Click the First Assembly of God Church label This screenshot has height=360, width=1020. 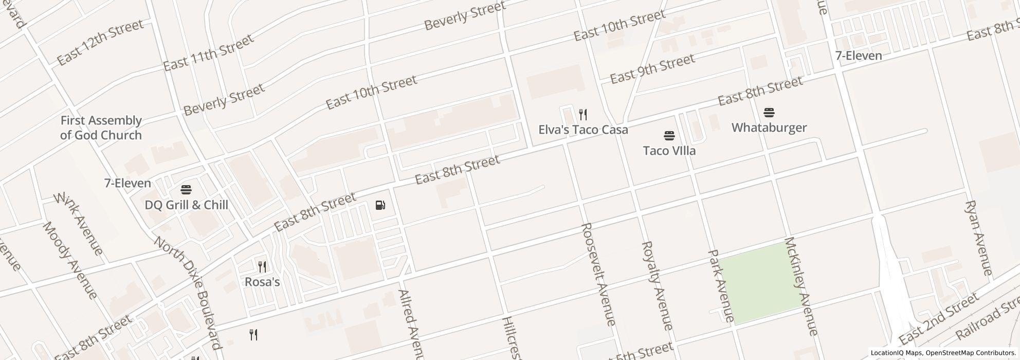point(101,128)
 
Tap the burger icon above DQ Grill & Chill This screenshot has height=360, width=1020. point(186,190)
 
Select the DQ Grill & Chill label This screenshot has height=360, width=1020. point(186,205)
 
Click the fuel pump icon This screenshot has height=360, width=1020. point(380,206)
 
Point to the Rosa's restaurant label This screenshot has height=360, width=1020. point(262,282)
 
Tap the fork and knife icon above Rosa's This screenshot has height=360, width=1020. point(262,266)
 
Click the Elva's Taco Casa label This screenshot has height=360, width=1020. point(583,130)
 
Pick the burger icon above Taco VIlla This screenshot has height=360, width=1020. point(669,136)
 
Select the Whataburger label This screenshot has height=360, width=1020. point(769,128)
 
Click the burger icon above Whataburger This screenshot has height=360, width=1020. point(769,112)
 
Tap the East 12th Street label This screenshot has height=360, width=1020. point(100,43)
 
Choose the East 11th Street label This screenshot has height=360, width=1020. point(208,52)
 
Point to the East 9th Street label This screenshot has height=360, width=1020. point(652,69)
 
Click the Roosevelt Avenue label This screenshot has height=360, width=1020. point(598,274)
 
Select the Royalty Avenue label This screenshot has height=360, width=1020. point(657,285)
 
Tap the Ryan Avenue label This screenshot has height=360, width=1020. point(978,238)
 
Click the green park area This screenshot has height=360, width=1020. point(760,283)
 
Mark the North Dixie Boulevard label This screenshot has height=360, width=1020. point(188,293)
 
